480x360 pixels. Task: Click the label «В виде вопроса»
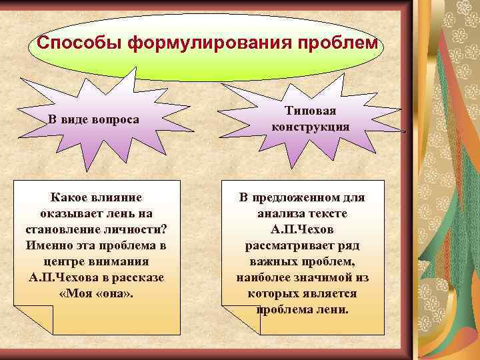coord(94,119)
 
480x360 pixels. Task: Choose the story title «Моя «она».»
coord(96,293)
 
